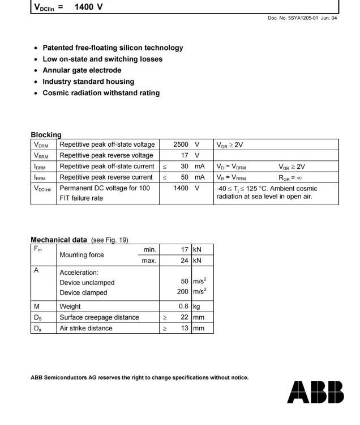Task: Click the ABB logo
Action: tap(315, 392)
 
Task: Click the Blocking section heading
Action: tap(46, 135)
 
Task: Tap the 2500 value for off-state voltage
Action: tap(181, 144)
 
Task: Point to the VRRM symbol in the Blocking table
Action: tap(41, 156)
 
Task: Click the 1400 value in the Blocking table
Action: tap(181, 188)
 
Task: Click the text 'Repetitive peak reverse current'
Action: tap(106, 177)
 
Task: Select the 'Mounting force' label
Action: tap(82, 255)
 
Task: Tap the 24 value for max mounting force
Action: tap(185, 261)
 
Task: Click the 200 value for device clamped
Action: tap(182, 292)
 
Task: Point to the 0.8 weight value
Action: tap(183, 307)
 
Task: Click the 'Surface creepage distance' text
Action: tap(99, 317)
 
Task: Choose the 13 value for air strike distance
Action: tap(185, 328)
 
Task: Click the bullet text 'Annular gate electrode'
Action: tap(82, 70)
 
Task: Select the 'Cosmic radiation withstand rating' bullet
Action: tap(101, 93)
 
